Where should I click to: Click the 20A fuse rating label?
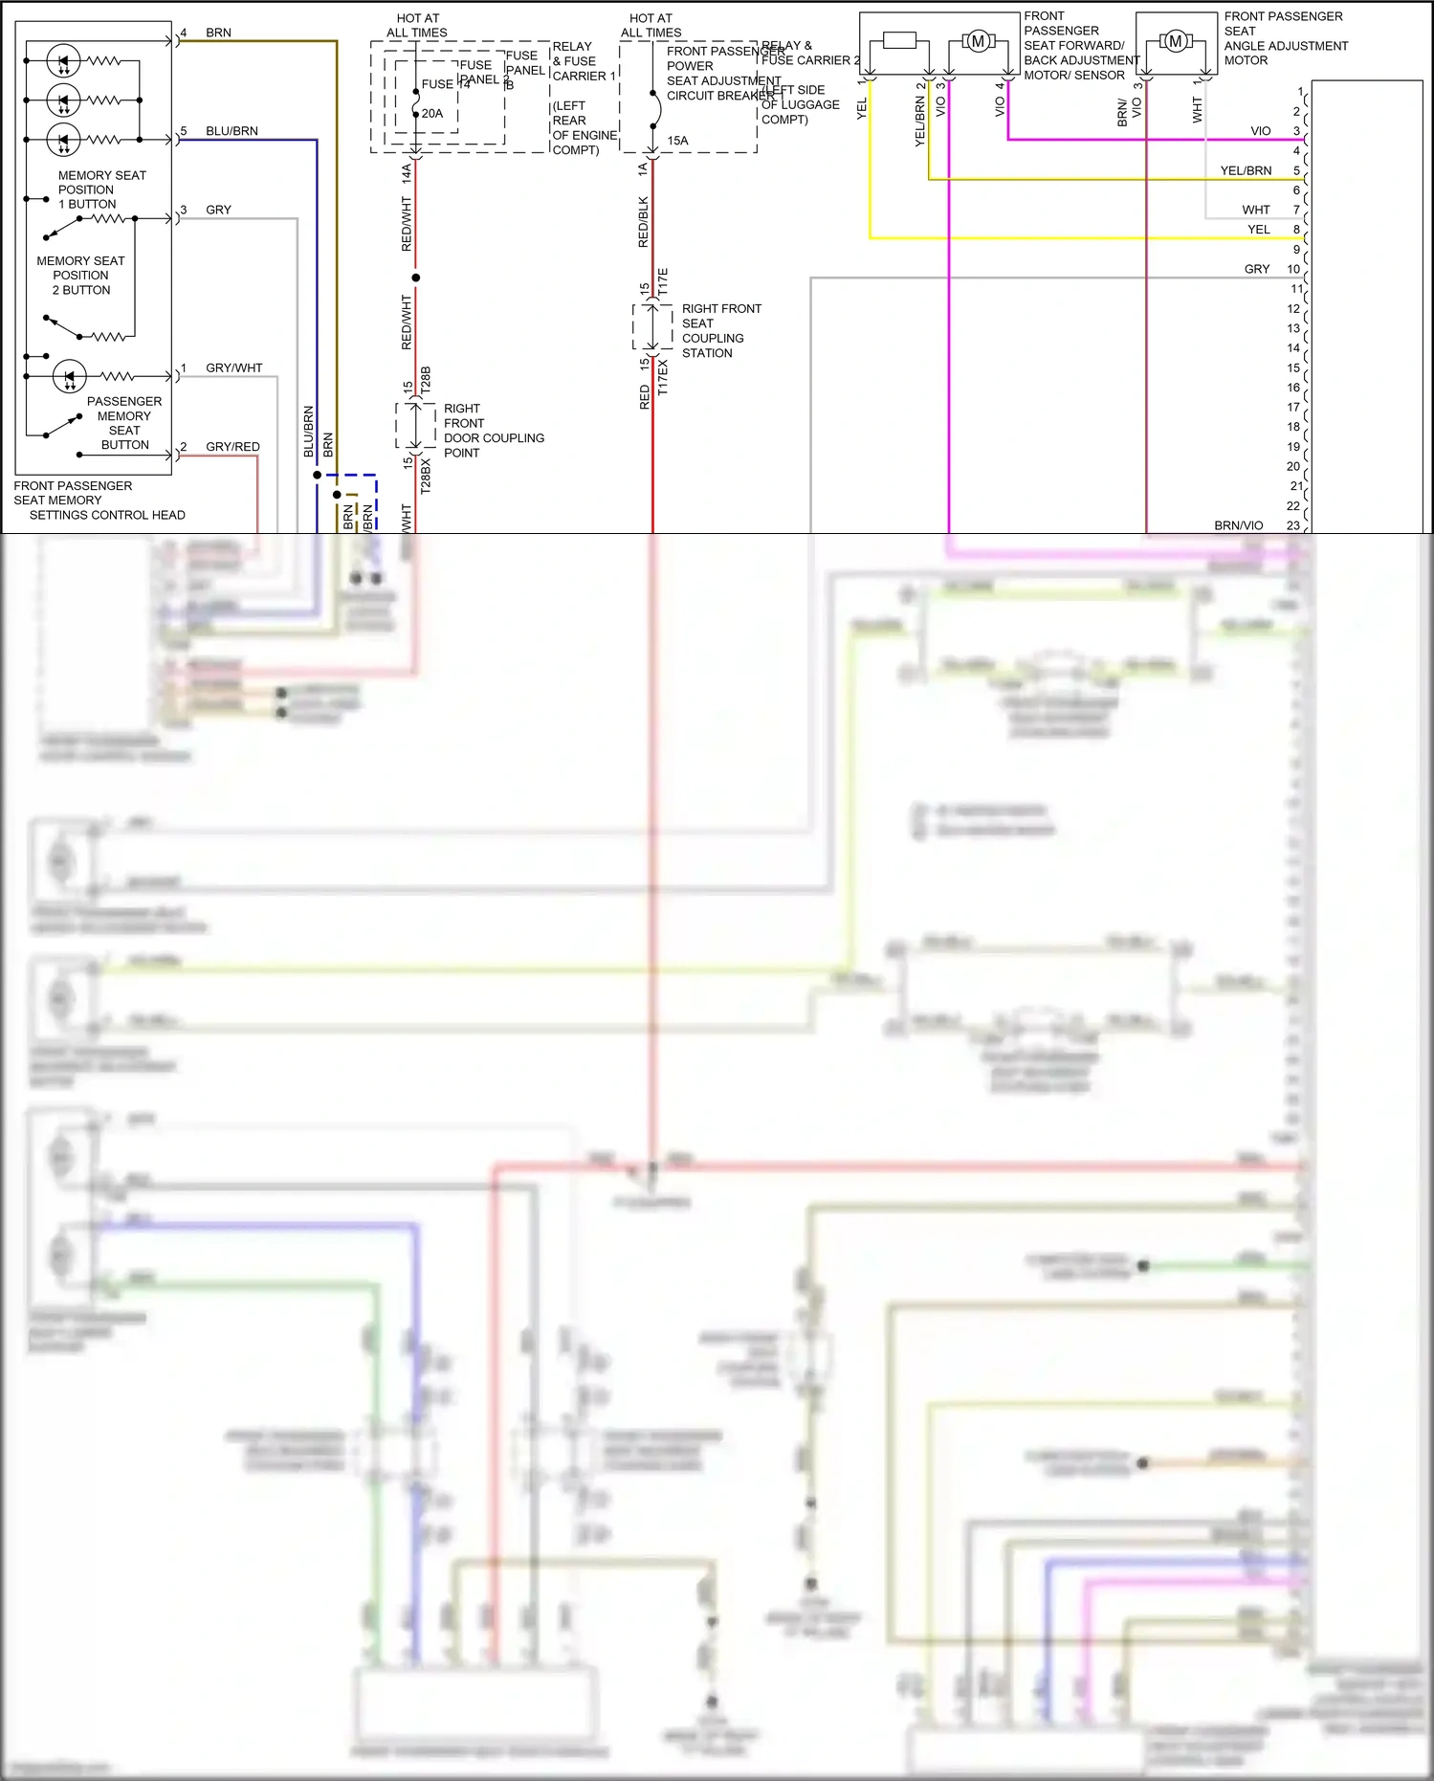(432, 114)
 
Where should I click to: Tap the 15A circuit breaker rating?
(677, 141)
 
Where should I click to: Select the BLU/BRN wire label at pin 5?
(232, 131)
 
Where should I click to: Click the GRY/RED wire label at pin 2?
(232, 447)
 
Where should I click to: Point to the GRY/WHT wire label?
(233, 367)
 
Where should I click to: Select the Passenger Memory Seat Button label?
(124, 423)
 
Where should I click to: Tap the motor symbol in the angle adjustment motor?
(1176, 41)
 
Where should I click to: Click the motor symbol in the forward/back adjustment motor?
(978, 41)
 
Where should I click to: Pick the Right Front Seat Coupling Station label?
(720, 331)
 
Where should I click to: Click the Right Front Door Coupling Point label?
(493, 431)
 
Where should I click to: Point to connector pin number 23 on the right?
(1292, 525)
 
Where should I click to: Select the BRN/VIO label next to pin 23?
(1238, 525)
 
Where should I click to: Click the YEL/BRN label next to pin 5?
(1246, 170)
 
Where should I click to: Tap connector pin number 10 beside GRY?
(1292, 269)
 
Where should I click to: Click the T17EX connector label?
(663, 377)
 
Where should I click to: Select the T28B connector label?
(427, 380)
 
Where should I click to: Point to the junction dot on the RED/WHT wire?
(415, 278)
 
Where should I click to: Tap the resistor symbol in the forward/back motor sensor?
(900, 40)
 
